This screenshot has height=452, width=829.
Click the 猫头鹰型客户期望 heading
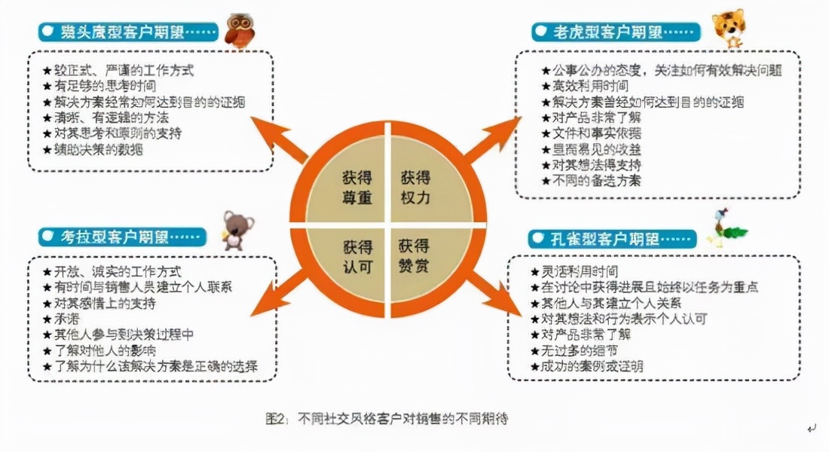coord(129,32)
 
